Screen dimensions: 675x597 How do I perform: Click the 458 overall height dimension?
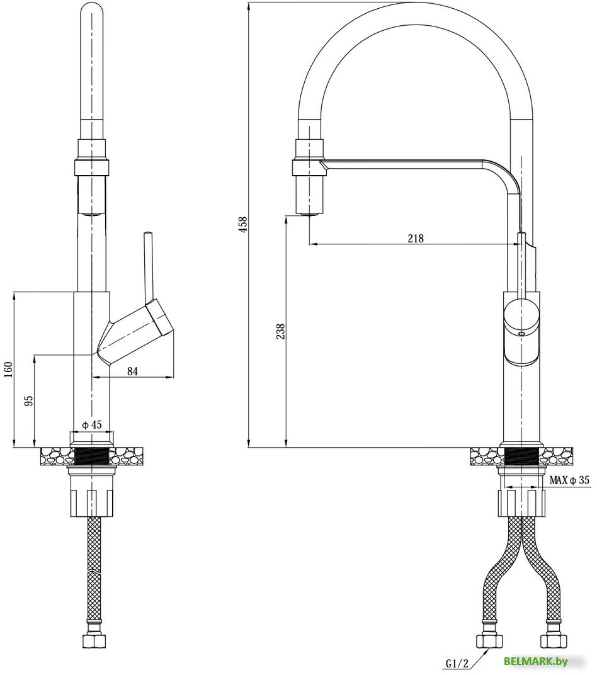[243, 224]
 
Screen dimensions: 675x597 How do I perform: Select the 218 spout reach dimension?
[416, 238]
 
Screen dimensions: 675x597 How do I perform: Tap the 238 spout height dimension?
[280, 332]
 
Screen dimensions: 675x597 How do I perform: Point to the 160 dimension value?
[8, 370]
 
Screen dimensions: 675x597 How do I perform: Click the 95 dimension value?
[28, 401]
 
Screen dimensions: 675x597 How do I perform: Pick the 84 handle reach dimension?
[132, 372]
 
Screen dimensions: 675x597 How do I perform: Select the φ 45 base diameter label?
[92, 425]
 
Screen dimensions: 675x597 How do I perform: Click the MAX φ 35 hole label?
[569, 480]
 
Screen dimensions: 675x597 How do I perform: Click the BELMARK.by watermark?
[535, 661]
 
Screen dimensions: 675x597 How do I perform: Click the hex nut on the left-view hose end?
[93, 642]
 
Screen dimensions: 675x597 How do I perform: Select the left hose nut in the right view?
[489, 641]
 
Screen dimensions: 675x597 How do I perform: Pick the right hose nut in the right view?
[554, 641]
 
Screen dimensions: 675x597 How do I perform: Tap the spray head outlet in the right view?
[309, 215]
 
